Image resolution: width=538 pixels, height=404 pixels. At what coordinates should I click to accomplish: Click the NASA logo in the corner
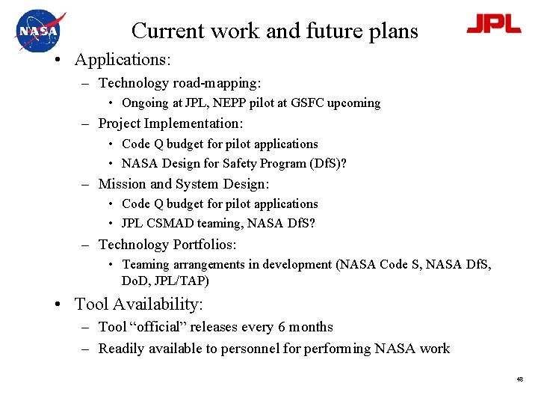click(40, 31)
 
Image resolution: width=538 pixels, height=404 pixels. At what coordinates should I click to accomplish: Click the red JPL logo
click(493, 25)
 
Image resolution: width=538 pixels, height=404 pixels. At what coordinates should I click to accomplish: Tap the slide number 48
click(519, 379)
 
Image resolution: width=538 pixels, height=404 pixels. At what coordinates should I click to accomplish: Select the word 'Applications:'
click(123, 59)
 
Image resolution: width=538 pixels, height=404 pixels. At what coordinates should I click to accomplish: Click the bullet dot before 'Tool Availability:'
click(58, 304)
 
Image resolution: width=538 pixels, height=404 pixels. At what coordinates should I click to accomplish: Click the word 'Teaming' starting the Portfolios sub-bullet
click(146, 264)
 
